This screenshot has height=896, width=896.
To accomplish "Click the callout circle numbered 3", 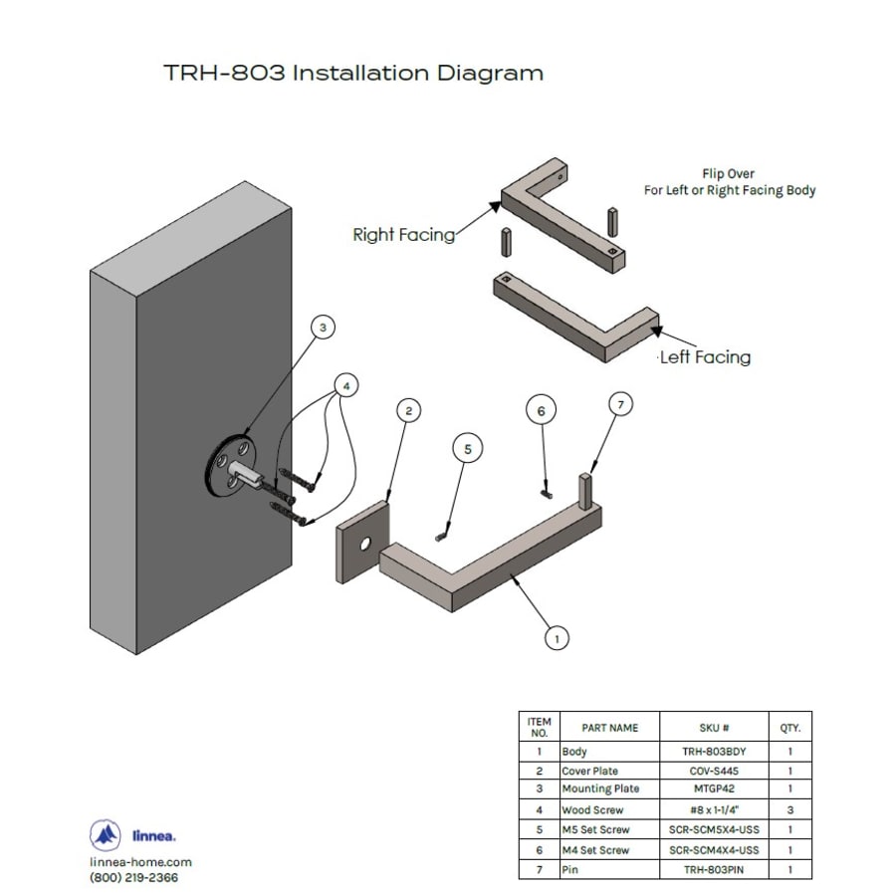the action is click(x=323, y=328).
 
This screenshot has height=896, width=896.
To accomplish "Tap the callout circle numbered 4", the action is click(x=346, y=385).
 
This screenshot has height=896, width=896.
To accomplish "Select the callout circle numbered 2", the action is click(x=408, y=410).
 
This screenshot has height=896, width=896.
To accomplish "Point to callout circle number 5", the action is click(x=468, y=449).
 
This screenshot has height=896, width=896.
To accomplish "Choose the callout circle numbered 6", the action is click(x=542, y=410).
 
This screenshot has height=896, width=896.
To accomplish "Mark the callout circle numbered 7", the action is click(x=620, y=404).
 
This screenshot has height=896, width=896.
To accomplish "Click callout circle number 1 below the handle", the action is click(x=558, y=638).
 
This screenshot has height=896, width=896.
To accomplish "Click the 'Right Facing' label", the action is click(x=404, y=235).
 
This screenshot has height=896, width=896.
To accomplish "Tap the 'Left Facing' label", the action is click(x=705, y=357).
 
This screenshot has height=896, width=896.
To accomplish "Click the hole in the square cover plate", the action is click(x=365, y=544).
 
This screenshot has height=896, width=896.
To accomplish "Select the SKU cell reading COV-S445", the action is click(x=714, y=771).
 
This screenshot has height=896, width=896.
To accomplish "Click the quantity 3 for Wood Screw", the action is click(x=790, y=809).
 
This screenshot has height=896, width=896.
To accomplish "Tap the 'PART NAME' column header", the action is click(x=609, y=728).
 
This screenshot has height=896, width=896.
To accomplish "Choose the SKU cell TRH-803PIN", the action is click(x=714, y=870).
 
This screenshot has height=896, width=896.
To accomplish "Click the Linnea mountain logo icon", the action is click(x=106, y=835).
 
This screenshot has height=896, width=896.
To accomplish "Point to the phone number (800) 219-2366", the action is click(x=133, y=878).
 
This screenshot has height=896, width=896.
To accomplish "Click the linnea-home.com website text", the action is click(x=140, y=862).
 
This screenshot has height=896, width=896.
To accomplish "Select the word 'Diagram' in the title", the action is click(x=490, y=74).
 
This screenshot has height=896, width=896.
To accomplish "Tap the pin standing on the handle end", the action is click(x=586, y=490).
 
